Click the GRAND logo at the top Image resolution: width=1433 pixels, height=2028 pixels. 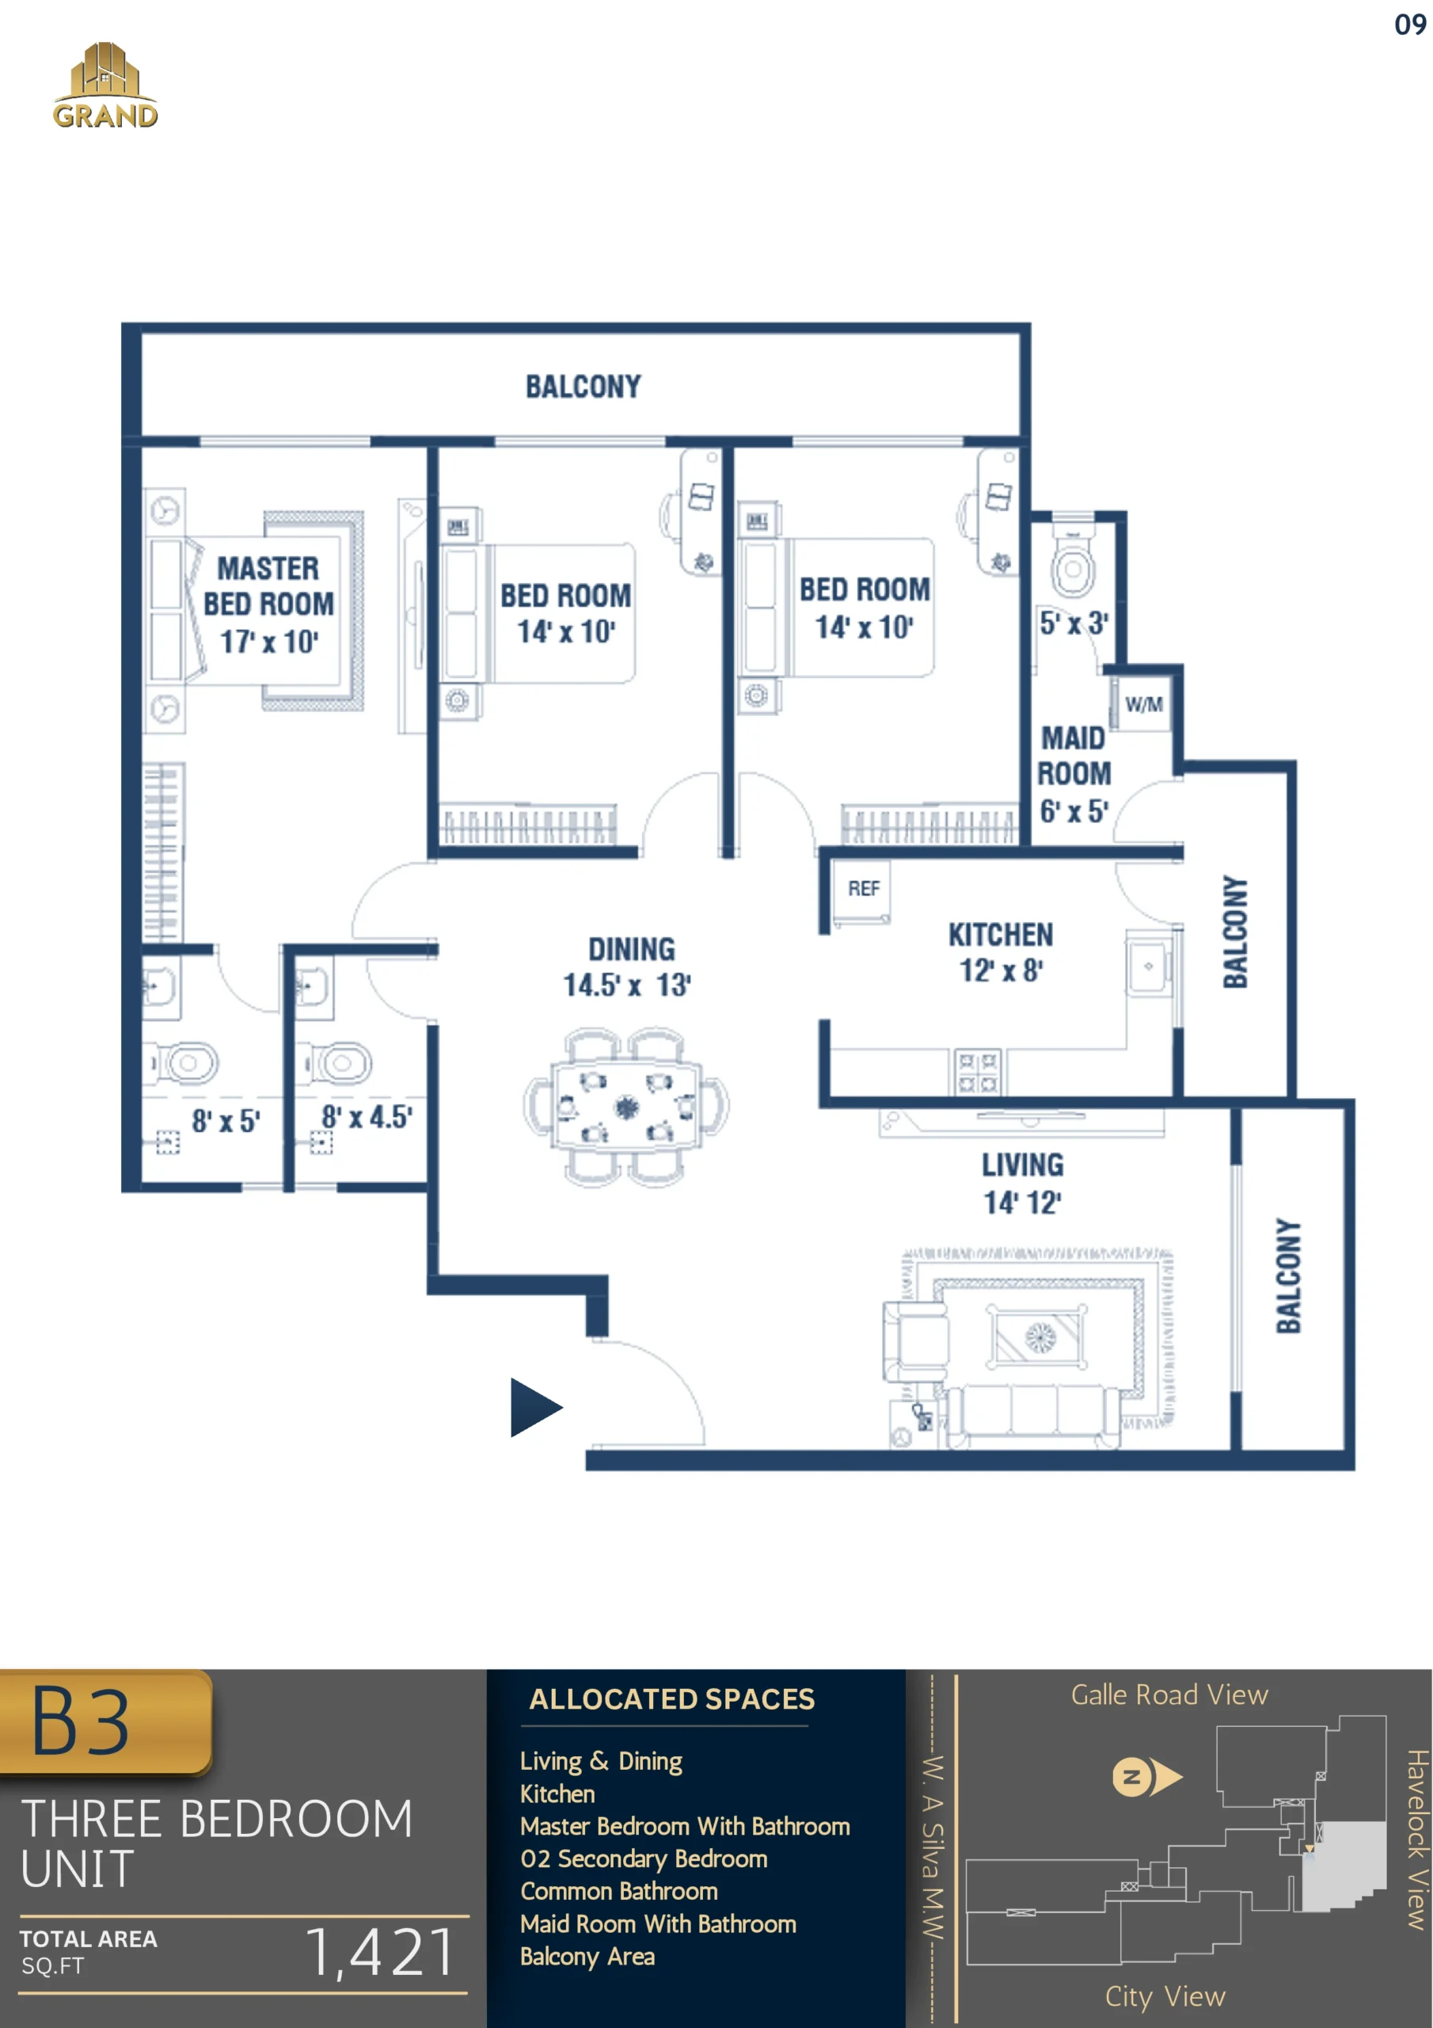[x=105, y=85]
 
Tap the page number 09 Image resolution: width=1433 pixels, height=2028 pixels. [x=1410, y=25]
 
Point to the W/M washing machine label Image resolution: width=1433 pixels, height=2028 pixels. [x=1143, y=704]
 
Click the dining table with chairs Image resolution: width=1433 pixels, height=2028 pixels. [x=626, y=1105]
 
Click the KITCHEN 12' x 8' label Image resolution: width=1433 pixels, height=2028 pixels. [x=1001, y=952]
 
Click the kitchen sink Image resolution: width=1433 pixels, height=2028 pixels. [x=1148, y=966]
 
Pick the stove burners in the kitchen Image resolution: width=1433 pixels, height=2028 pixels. [x=978, y=1073]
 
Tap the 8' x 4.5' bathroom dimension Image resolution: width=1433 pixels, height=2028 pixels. [x=367, y=1116]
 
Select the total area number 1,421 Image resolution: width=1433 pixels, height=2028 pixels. [x=382, y=1951]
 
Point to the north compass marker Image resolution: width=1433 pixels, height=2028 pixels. [x=1146, y=1776]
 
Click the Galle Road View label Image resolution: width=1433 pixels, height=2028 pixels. [x=1169, y=1695]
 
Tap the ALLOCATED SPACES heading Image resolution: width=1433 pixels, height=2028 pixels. [x=672, y=1698]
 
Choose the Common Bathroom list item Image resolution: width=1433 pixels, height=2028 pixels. [x=619, y=1891]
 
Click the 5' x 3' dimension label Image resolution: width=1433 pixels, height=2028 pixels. [x=1074, y=623]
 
